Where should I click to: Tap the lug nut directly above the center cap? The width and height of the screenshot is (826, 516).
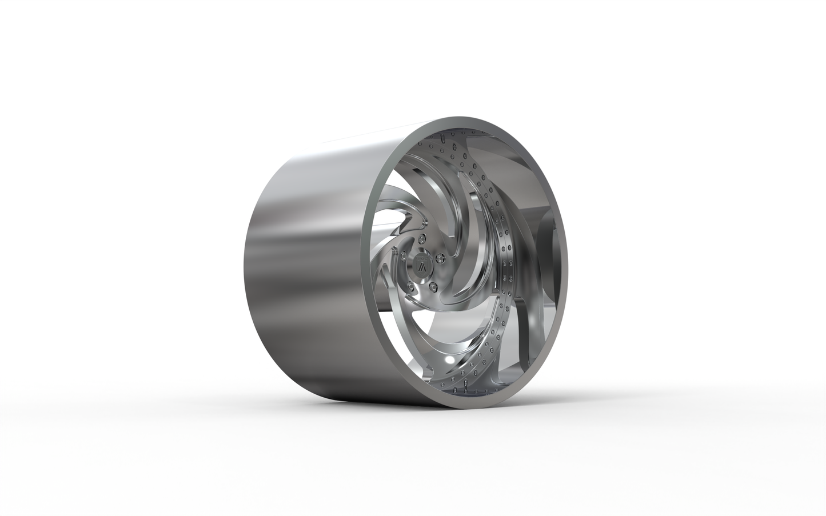click(x=421, y=237)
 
